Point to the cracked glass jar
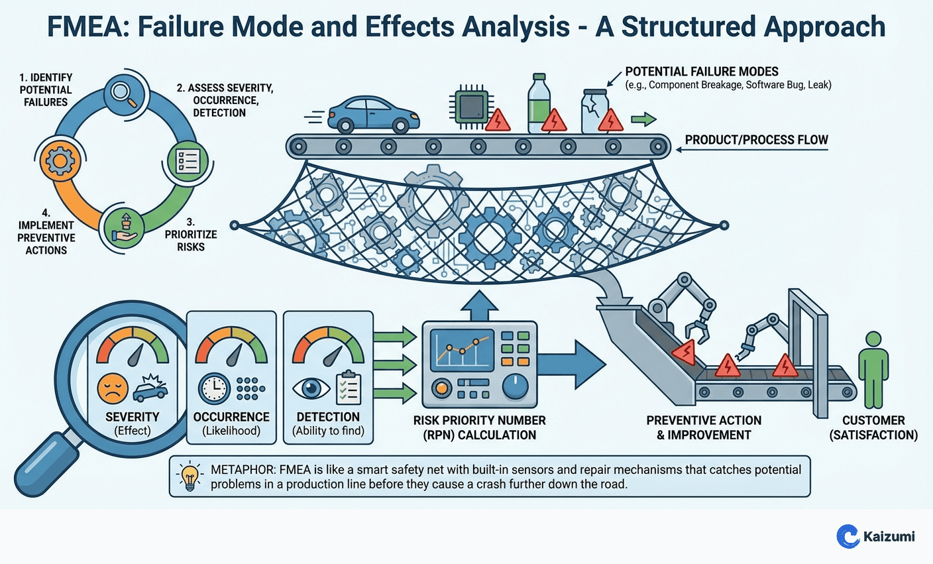[594, 112]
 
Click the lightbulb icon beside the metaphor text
[190, 476]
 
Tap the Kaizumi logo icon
[848, 536]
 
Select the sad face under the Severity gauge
[112, 388]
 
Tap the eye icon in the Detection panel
[311, 388]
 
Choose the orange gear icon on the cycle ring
[60, 160]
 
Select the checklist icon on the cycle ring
[188, 160]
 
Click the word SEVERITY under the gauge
[133, 417]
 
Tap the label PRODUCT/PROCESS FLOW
[756, 140]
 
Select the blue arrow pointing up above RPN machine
[479, 307]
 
